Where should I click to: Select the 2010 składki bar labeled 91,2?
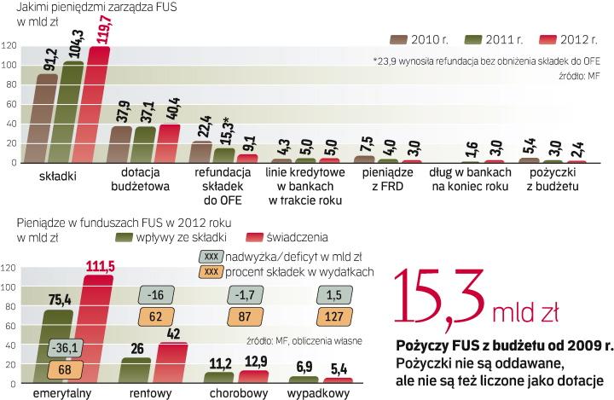point(48,119)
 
